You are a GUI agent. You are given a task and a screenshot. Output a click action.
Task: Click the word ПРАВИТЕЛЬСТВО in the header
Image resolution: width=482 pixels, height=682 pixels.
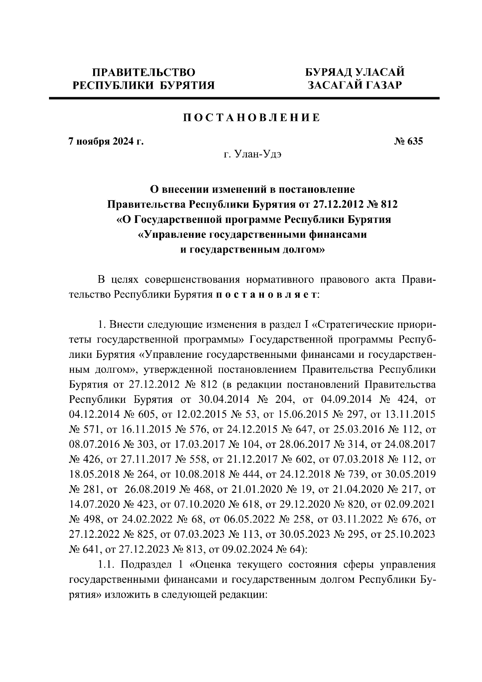[144, 72]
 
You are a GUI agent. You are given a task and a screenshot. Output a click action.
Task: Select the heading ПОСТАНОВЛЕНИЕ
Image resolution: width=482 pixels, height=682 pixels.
[252, 118]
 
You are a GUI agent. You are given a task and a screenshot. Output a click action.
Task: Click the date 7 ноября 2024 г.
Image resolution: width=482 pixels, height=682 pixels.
[106, 142]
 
